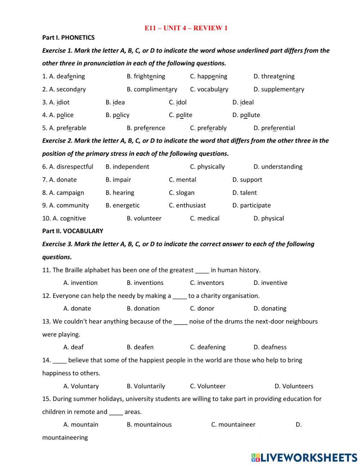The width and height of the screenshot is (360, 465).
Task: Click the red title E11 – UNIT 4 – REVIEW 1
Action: pos(186,28)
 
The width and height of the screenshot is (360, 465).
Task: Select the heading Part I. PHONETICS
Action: pos(68,37)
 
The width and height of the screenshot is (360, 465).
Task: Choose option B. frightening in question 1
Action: pos(146,76)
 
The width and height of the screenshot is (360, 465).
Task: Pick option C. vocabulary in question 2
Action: pos(209,89)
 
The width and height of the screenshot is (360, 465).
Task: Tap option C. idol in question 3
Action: pos(178,102)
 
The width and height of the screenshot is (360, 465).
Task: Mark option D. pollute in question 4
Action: pos(246,115)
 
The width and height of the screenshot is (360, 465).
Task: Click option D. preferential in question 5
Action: pos(274,128)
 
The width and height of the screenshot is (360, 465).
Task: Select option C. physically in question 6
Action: pos(207,167)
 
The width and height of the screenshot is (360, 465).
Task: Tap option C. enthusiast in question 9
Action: pos(187,205)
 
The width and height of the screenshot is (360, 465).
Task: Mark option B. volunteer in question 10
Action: pos(144,218)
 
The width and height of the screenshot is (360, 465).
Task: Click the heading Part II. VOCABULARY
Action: pos(73,231)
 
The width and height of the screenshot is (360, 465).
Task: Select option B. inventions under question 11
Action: pos(145,283)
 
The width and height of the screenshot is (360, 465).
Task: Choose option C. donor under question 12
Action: pos(202,308)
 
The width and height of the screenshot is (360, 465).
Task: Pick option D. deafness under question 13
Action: pos(270,347)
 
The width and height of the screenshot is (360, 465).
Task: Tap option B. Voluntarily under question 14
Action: pos(146,386)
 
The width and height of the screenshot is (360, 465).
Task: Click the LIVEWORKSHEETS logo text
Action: pos(309,458)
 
